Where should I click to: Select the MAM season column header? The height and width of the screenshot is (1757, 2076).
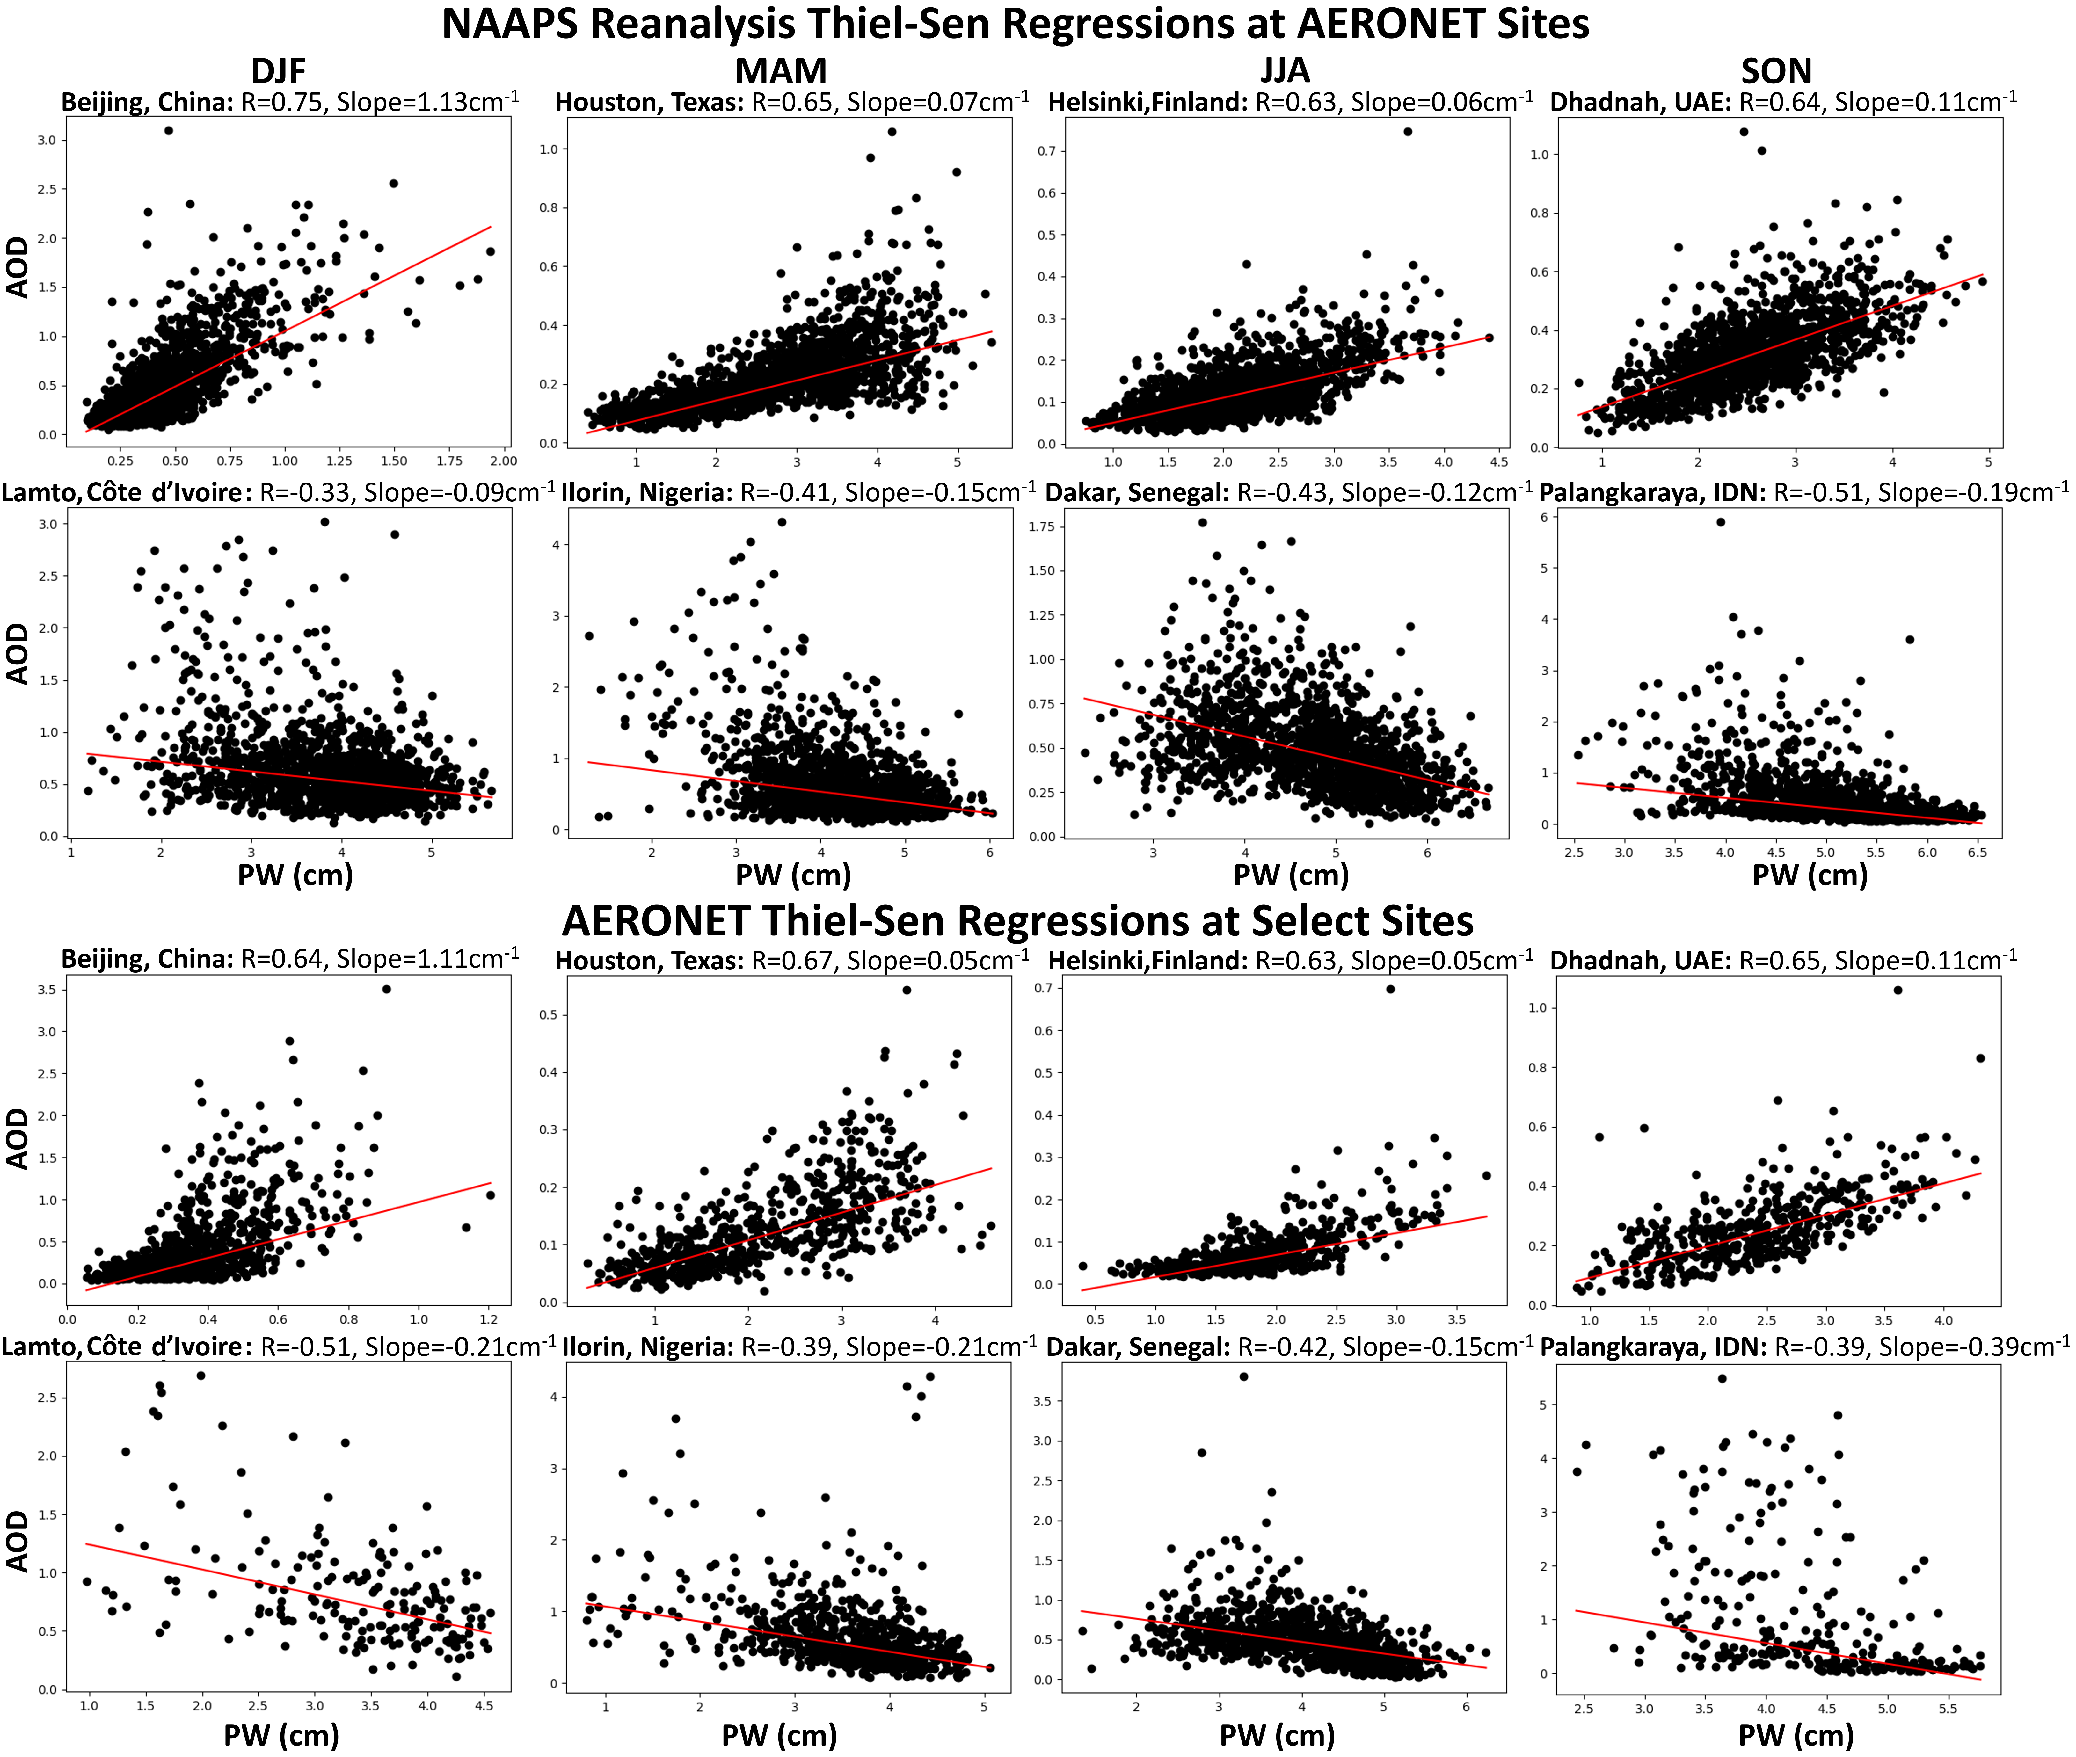tap(781, 71)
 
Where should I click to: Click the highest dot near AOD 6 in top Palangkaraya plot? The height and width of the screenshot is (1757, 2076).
tap(1720, 522)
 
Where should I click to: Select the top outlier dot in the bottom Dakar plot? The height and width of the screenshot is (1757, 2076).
tap(1243, 1376)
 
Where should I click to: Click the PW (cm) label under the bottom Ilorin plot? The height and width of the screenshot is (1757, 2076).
tap(779, 1735)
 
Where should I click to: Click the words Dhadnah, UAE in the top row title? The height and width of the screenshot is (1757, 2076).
tap(1640, 103)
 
